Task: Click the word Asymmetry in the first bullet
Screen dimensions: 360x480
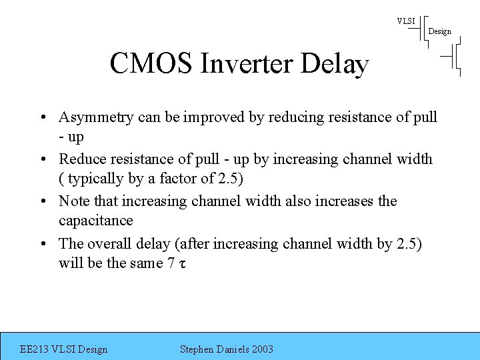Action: click(x=96, y=117)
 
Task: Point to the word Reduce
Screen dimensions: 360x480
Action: click(x=81, y=159)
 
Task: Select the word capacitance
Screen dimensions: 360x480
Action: click(x=96, y=221)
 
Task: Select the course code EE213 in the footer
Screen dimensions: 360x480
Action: click(x=35, y=349)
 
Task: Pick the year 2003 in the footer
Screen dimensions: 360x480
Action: click(x=261, y=349)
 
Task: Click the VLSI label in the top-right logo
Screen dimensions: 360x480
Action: click(x=405, y=21)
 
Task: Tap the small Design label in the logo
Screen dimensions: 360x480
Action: click(x=439, y=31)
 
